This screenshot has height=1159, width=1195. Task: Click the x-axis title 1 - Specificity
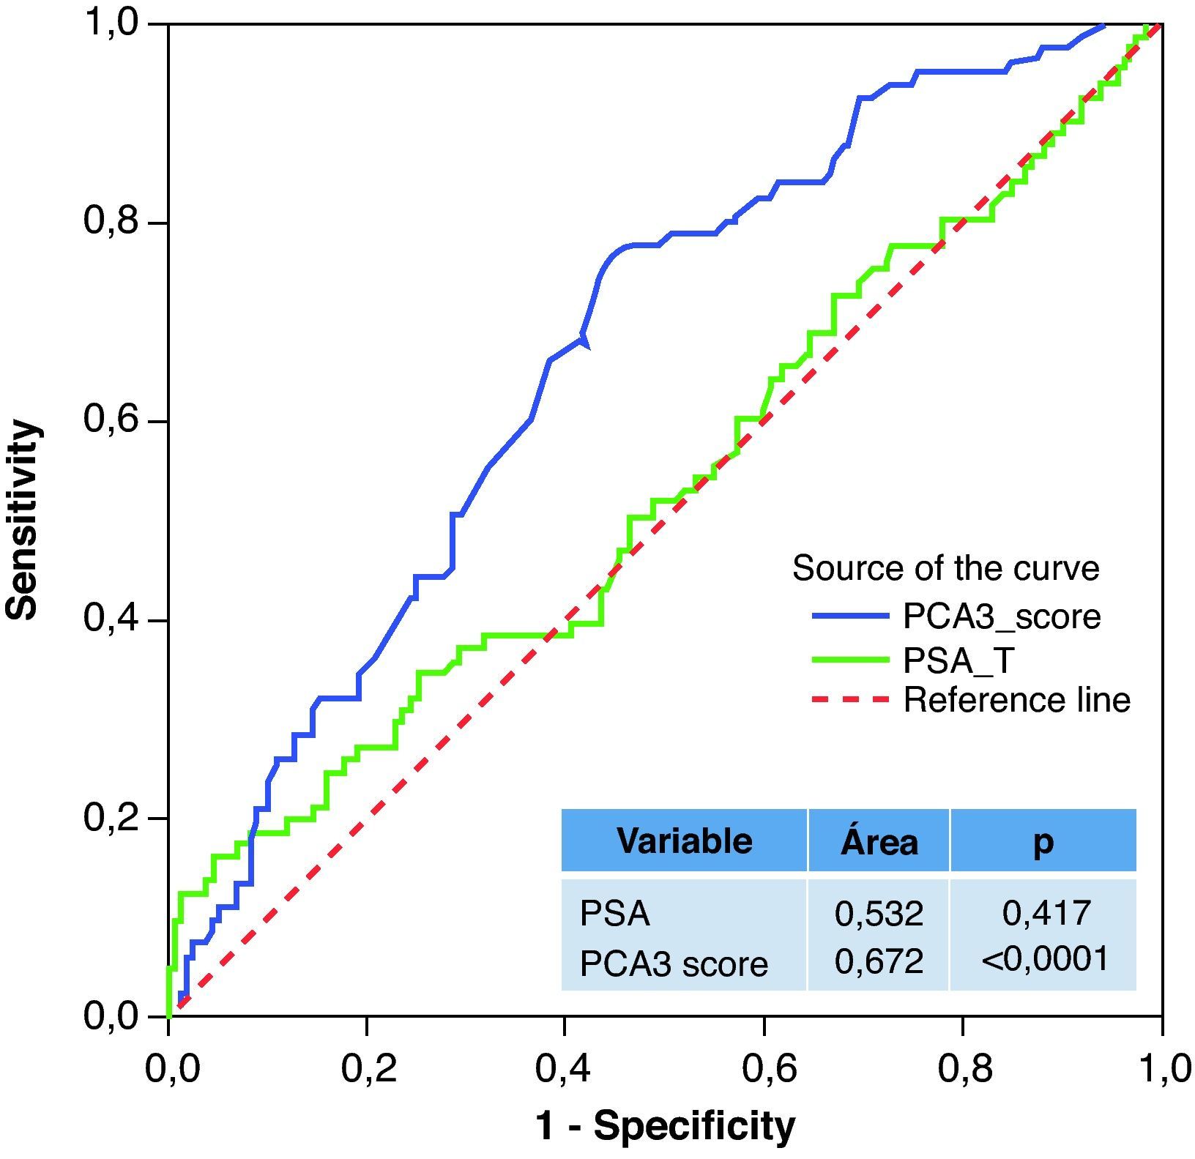pos(665,1125)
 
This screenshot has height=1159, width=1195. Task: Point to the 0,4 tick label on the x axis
pos(564,1069)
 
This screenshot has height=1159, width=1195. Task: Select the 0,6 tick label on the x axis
pos(763,1069)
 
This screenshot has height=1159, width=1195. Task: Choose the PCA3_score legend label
pos(1002,617)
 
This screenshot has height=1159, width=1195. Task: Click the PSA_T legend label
pos(959,660)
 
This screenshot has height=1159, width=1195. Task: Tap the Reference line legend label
pos(1017,701)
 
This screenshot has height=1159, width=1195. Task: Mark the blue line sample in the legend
pos(849,617)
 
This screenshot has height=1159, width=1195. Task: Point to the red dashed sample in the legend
pos(849,701)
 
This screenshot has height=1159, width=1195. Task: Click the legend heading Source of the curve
pos(945,569)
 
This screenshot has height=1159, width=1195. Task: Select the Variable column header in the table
pos(684,841)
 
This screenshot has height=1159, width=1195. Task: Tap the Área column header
pos(879,842)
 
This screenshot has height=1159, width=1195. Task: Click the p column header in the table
pos(1043,842)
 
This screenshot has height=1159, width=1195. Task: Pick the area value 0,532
pos(879,914)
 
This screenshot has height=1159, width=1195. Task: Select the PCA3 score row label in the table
pos(674,964)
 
